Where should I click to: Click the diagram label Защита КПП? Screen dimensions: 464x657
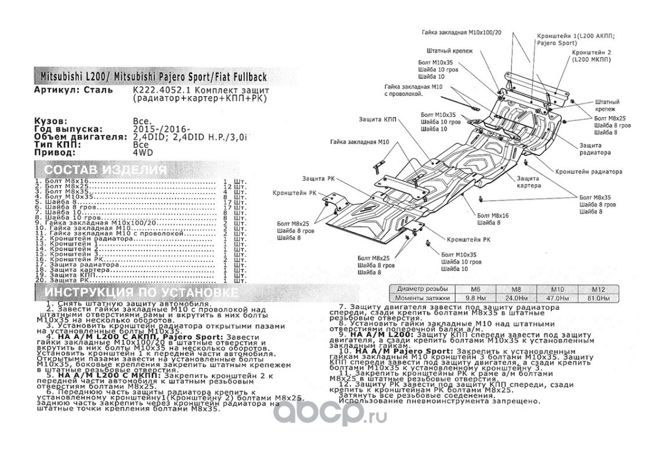point(386,119)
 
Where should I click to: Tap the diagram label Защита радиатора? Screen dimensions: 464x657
point(594,149)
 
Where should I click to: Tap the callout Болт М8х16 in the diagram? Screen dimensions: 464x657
point(493,215)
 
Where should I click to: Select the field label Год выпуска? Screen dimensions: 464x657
point(68,129)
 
